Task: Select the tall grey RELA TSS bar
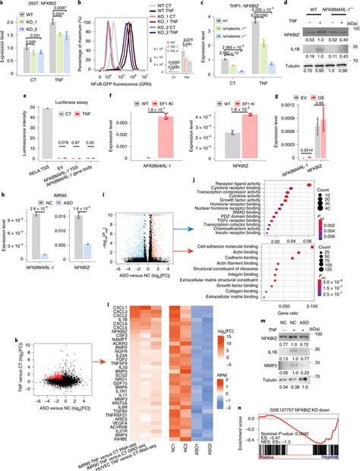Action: point(27,128)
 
